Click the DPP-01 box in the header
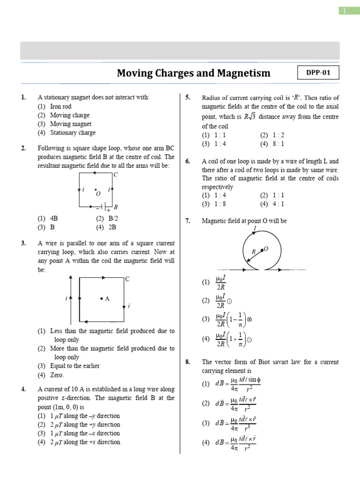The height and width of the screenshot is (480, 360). [318, 73]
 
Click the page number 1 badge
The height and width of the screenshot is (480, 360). [346, 11]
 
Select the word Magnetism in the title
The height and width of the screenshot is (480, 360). [244, 73]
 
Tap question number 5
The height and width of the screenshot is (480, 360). [187, 97]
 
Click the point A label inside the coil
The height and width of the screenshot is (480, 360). [106, 299]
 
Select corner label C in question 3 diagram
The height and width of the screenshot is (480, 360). [127, 279]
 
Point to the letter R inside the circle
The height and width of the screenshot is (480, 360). [254, 252]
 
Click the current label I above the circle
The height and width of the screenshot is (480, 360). [255, 228]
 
